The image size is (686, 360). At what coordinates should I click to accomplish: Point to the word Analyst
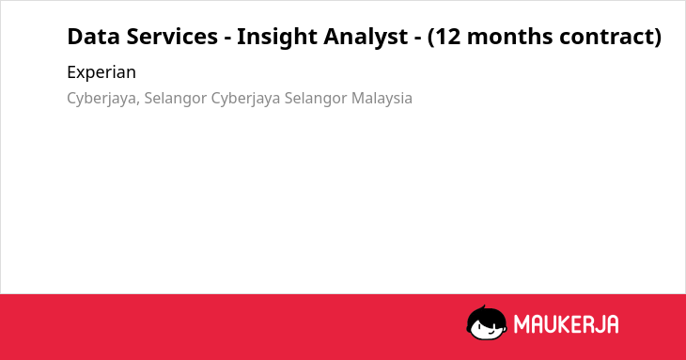pos(366,38)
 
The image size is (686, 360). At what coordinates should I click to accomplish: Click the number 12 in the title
pos(448,37)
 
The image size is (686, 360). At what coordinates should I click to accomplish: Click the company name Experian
pos(101,72)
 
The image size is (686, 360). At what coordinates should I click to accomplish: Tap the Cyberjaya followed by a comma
pos(103,99)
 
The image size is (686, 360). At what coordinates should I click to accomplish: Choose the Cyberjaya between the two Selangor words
pos(245,99)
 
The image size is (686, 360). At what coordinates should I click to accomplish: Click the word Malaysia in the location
pos(382,99)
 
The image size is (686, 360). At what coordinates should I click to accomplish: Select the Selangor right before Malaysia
pos(316,99)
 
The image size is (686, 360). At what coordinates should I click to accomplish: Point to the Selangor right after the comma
pos(176,99)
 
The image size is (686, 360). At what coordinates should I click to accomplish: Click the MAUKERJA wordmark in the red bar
pos(566,324)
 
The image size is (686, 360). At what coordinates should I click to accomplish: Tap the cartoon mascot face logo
pos(487,322)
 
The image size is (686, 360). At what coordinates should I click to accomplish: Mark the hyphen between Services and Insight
pos(227,39)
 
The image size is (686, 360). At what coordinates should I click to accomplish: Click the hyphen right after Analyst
pos(418,39)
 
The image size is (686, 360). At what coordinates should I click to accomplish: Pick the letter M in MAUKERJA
pos(522,324)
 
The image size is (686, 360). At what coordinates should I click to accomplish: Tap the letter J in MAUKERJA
pos(597,324)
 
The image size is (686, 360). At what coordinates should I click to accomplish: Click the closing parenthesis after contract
pos(658,38)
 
